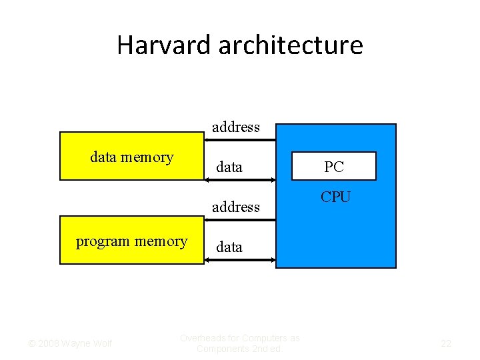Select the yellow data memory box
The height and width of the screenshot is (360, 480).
pyautogui.click(x=131, y=156)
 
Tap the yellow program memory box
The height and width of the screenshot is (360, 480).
pyautogui.click(x=131, y=241)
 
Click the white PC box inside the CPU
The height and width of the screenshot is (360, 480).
pyautogui.click(x=334, y=167)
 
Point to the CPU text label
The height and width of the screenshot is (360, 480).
pyautogui.click(x=335, y=197)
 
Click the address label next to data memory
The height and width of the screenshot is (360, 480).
pyautogui.click(x=236, y=127)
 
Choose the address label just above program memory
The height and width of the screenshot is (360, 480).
pyautogui.click(x=236, y=207)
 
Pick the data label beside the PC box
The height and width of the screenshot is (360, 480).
pyautogui.click(x=229, y=167)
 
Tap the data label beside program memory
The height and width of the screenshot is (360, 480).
pyautogui.click(x=229, y=247)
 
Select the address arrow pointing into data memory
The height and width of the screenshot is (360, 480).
pyautogui.click(x=239, y=140)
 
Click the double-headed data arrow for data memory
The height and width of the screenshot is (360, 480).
pyautogui.click(x=239, y=180)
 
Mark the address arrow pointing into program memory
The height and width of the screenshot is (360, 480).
pyautogui.click(x=239, y=219)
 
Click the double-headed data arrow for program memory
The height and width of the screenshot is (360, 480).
pyautogui.click(x=239, y=260)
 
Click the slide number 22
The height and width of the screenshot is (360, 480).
pyautogui.click(x=446, y=343)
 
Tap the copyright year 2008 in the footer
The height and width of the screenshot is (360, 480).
pyautogui.click(x=48, y=343)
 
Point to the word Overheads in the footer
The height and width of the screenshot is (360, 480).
pyautogui.click(x=203, y=338)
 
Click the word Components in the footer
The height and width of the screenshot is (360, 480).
pyautogui.click(x=222, y=349)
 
